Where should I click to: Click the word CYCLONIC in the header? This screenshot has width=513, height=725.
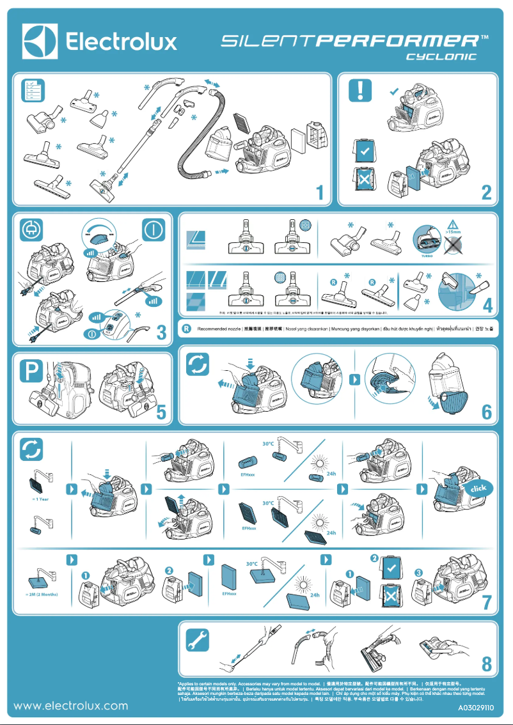[x=442, y=57]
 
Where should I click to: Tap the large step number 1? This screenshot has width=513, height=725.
[x=319, y=192]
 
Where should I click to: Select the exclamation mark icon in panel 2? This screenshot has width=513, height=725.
[x=360, y=90]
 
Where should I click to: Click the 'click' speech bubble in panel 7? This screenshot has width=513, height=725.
[x=478, y=488]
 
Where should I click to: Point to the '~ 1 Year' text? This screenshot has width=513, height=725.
[x=40, y=499]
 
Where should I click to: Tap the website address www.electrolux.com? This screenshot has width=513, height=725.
[x=71, y=706]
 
